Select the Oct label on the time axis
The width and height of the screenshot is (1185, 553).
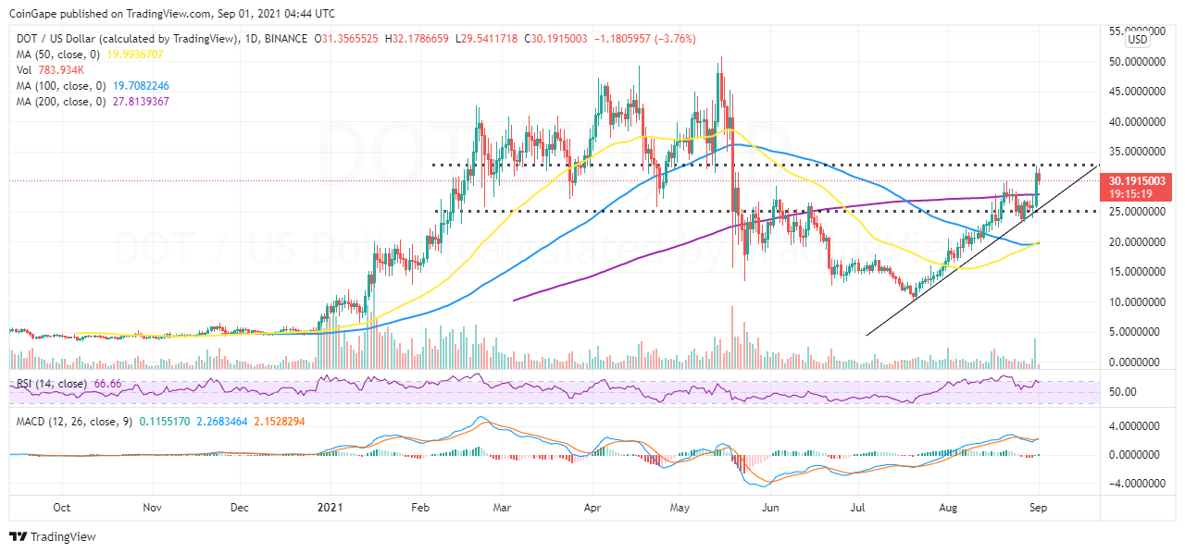[62, 508]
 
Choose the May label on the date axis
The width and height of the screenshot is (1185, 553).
[680, 508]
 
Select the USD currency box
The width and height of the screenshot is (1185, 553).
[1137, 40]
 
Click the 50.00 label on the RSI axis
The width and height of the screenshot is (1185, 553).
[1123, 392]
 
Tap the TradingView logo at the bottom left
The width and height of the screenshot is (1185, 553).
[53, 536]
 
